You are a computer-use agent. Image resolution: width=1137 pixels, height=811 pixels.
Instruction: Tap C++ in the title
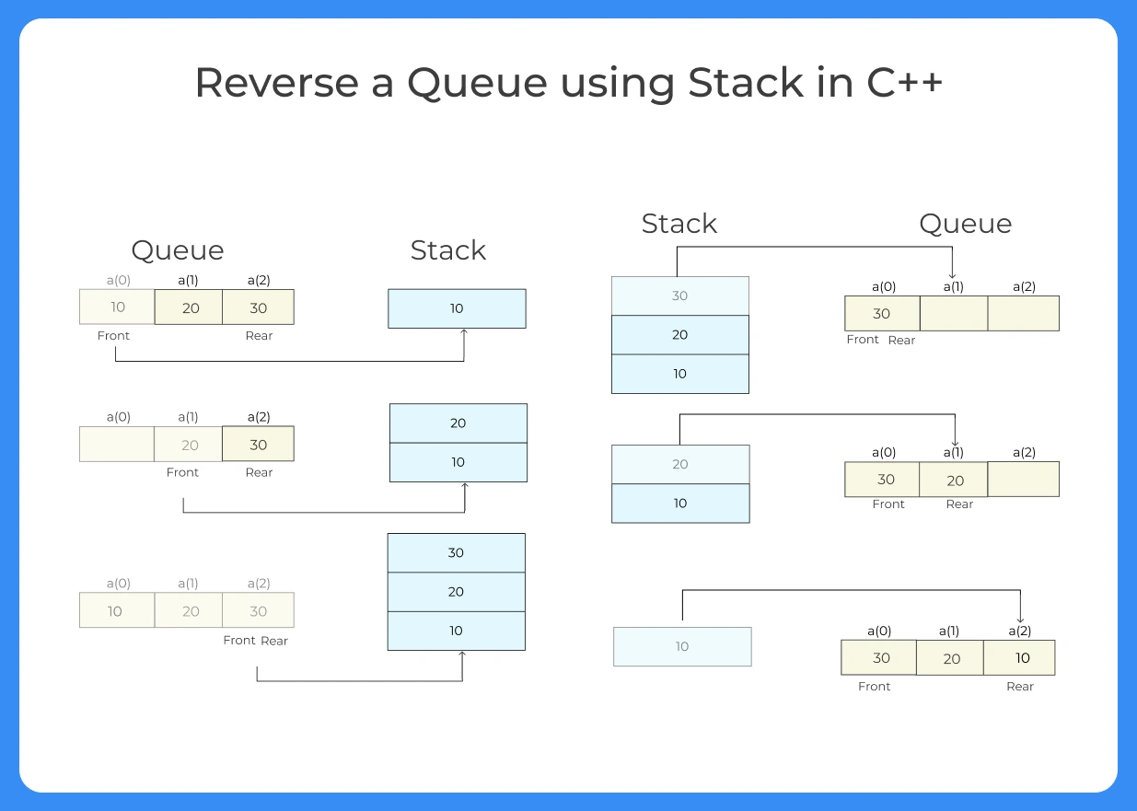click(904, 83)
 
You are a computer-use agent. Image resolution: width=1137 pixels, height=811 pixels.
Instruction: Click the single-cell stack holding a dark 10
click(457, 308)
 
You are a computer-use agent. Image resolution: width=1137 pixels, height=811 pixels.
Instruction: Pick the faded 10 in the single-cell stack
click(682, 646)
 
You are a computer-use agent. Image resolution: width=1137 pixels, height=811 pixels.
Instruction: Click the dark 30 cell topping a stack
click(456, 552)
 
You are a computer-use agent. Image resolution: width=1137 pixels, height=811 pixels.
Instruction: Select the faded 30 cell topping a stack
click(679, 295)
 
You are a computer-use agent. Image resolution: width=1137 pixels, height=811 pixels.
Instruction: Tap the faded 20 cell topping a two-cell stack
click(680, 464)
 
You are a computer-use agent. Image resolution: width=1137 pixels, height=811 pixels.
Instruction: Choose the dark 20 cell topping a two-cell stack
click(458, 423)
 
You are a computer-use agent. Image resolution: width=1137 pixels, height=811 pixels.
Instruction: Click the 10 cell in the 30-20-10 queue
click(1020, 658)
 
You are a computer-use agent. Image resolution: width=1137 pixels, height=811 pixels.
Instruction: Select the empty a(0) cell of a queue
click(117, 444)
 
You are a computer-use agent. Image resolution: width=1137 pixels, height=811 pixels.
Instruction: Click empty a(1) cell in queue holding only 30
click(953, 313)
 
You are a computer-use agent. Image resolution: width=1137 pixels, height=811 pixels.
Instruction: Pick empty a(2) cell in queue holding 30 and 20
click(1023, 480)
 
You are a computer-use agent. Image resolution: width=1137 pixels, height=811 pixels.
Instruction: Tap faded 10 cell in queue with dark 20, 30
click(117, 307)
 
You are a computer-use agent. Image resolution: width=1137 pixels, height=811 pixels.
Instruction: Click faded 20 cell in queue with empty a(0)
click(188, 444)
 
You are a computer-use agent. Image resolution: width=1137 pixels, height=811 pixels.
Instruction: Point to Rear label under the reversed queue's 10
click(1020, 687)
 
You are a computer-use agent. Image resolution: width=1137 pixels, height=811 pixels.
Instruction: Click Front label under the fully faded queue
click(239, 641)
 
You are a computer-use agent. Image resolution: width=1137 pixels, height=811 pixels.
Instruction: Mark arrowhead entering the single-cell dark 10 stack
click(464, 333)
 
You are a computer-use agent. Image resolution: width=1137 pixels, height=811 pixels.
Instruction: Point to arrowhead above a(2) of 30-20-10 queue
click(1020, 619)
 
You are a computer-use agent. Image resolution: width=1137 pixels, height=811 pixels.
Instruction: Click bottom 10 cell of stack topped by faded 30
click(679, 374)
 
